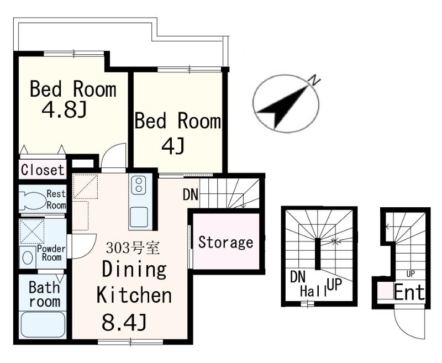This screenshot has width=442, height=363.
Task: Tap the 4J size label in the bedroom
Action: tap(173, 146)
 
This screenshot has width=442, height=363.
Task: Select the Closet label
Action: tap(43, 170)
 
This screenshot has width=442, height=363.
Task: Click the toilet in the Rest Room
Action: tap(33, 201)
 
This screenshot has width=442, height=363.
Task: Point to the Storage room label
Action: tap(226, 243)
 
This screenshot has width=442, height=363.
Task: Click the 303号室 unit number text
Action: tap(133, 248)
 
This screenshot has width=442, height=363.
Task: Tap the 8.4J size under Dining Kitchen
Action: tap(124, 323)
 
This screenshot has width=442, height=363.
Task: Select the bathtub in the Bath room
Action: tap(43, 325)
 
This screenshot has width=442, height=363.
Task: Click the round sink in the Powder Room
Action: tap(27, 257)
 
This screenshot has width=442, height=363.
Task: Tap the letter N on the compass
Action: tap(315, 81)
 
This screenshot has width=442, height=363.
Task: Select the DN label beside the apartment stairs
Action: tap(191, 194)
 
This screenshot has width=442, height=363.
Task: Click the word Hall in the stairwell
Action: tap(313, 291)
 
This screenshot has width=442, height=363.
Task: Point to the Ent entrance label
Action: tap(409, 292)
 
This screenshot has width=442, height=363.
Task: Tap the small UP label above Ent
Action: tap(411, 273)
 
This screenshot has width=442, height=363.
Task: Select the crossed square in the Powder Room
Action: tap(32, 232)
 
